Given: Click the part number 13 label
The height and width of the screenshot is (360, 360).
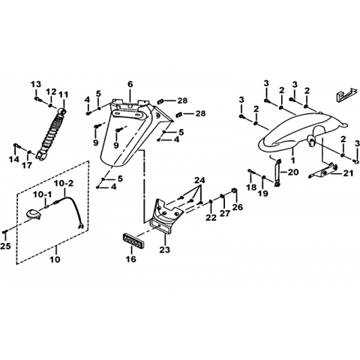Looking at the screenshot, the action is click(x=36, y=84).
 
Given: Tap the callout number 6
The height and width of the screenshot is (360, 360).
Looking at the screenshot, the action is click(x=130, y=84).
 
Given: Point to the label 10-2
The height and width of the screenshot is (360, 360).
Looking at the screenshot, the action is click(x=64, y=184).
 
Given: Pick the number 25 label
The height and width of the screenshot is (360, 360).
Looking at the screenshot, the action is click(x=5, y=246).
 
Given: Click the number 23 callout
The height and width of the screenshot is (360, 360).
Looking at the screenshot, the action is click(x=165, y=249).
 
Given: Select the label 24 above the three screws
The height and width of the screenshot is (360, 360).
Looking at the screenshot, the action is click(x=200, y=180).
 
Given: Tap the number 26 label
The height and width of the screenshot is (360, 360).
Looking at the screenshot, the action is click(x=238, y=207).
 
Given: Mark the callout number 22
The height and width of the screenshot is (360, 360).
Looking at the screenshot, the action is click(x=211, y=217).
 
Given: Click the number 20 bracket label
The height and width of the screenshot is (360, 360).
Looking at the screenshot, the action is click(x=293, y=172).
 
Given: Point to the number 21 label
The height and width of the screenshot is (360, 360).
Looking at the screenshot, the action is click(x=348, y=173).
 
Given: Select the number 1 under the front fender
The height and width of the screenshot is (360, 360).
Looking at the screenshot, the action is click(x=292, y=160).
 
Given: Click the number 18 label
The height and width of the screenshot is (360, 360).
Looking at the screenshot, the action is click(x=251, y=187).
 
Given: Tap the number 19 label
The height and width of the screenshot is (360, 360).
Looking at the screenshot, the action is click(x=263, y=193).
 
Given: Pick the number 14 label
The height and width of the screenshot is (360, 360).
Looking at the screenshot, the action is click(x=14, y=159).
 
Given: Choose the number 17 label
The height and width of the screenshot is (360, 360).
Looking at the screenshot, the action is click(x=28, y=165).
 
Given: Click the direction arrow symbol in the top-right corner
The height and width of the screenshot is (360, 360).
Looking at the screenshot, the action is click(x=346, y=94).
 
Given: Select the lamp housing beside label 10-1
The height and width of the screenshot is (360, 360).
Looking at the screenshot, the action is click(x=34, y=214).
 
